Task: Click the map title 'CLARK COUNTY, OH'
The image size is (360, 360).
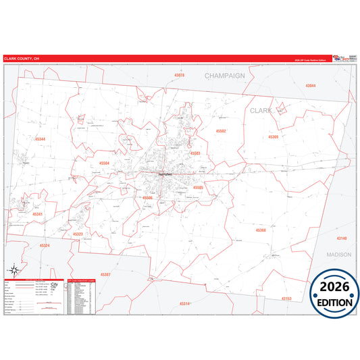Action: [22, 59]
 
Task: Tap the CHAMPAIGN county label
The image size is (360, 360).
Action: [224, 76]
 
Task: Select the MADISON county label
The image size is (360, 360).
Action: [338, 255]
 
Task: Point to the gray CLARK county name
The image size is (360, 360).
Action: [261, 109]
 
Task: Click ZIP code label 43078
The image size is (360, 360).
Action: [179, 75]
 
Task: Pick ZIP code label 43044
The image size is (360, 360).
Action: [310, 86]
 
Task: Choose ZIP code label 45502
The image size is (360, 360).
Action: [221, 130]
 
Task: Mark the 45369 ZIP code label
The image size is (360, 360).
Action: [273, 136]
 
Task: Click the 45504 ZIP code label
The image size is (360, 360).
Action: [104, 163]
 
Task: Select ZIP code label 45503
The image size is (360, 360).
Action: [196, 153]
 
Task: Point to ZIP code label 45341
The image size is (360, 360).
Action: [38, 214]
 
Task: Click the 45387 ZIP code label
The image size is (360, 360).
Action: [105, 274]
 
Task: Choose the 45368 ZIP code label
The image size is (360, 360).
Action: [261, 230]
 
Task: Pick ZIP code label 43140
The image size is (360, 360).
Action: [342, 238]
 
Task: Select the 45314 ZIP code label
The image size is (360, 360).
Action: [184, 304]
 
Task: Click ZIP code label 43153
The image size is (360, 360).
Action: [286, 298]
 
